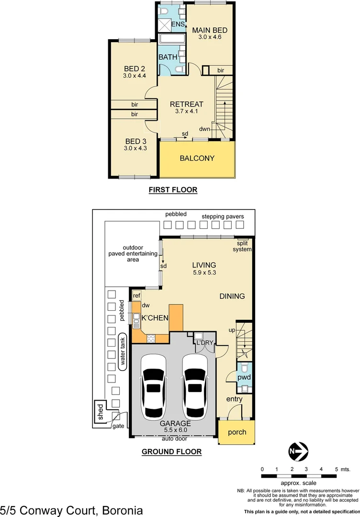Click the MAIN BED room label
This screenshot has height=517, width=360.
pyautogui.click(x=210, y=30)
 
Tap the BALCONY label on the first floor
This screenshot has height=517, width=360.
pyautogui.click(x=197, y=158)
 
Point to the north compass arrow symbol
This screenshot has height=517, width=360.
pyautogui.click(x=298, y=451)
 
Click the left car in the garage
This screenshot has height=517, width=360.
pyautogui.click(x=153, y=387)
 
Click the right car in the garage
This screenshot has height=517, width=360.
pyautogui.click(x=194, y=387)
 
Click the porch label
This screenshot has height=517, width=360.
pyautogui.click(x=236, y=432)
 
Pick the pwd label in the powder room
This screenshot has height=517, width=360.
pyautogui.click(x=244, y=378)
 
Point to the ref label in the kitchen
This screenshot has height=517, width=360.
pyautogui.click(x=136, y=296)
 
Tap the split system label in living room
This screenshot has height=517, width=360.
pyautogui.click(x=242, y=247)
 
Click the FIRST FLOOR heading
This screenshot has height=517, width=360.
pyautogui.click(x=173, y=190)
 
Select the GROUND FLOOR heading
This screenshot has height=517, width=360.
pyautogui.click(x=171, y=451)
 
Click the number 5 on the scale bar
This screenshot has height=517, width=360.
pyautogui.click(x=336, y=469)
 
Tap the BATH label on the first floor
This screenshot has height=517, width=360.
pyautogui.click(x=168, y=57)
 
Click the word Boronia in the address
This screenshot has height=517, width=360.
pyautogui.click(x=122, y=509)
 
